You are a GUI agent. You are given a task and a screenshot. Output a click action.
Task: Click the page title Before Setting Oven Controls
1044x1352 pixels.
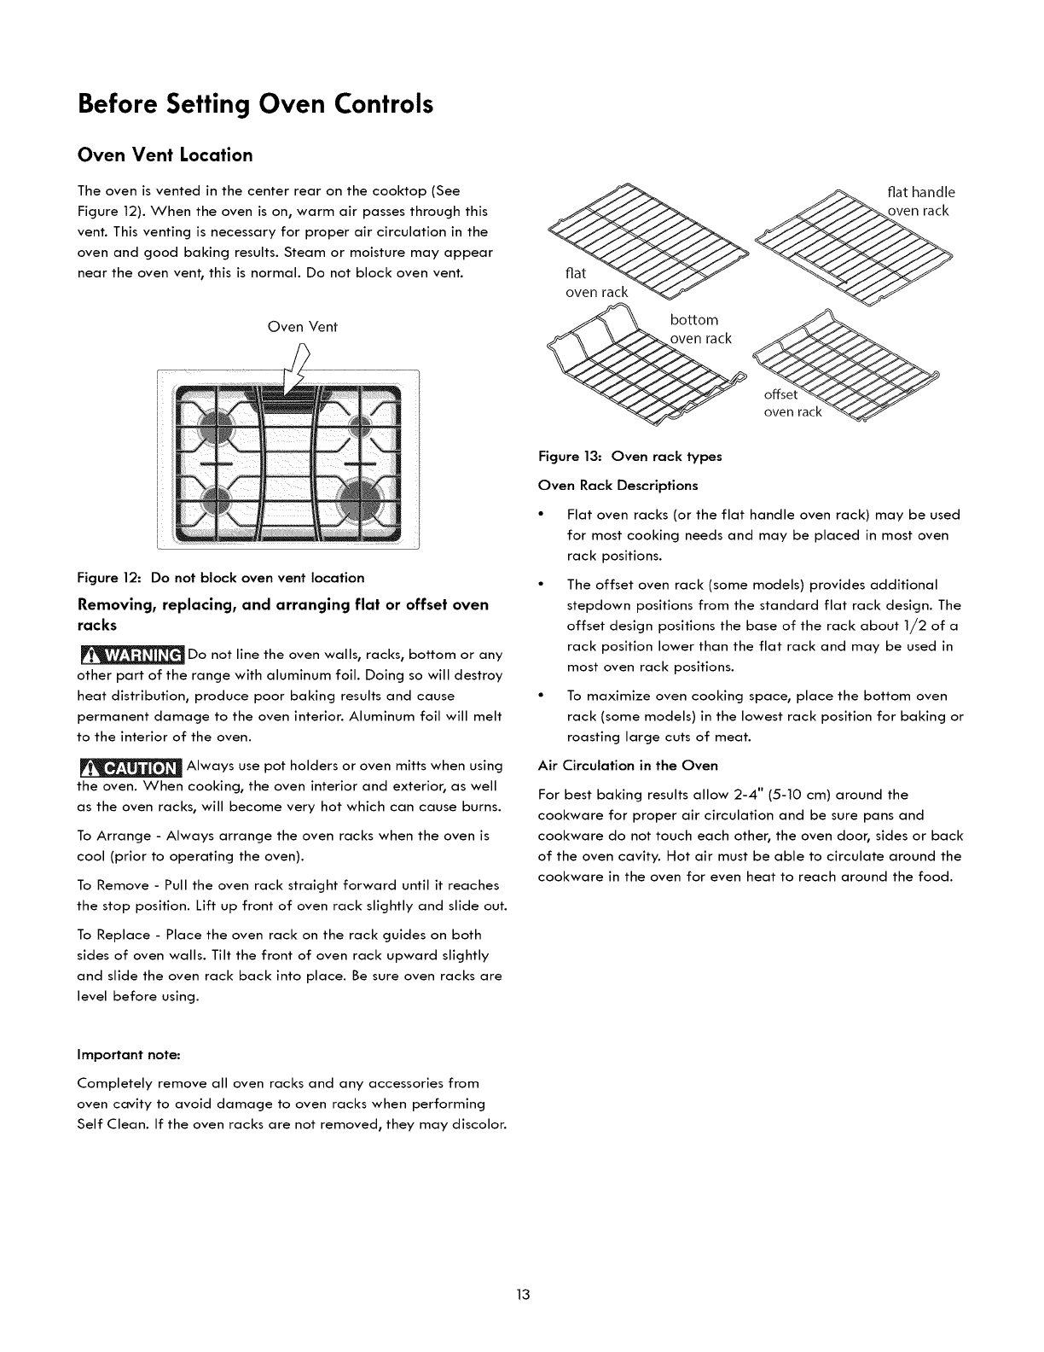255,104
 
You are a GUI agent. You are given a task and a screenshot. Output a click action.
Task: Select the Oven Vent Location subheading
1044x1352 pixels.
165,155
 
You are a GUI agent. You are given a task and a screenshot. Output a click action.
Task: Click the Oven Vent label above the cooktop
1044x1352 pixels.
303,326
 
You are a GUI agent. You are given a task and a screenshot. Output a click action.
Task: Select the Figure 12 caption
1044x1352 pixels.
221,577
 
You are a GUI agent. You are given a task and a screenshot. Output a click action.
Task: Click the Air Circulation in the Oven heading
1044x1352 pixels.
628,765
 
